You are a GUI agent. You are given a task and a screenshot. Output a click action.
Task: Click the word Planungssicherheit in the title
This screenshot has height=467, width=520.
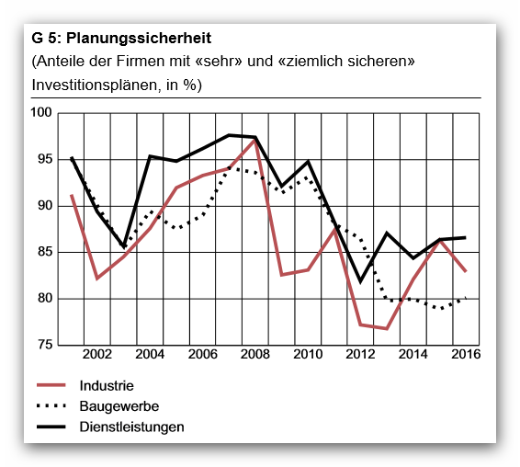(139, 39)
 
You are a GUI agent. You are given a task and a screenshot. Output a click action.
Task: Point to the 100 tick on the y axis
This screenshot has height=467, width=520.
(41, 112)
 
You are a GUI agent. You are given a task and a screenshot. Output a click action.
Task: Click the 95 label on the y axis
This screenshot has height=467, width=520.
(45, 159)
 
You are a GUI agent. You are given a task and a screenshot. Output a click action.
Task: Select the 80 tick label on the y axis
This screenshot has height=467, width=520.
(45, 298)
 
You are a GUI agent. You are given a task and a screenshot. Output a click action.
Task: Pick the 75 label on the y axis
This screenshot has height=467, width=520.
(45, 345)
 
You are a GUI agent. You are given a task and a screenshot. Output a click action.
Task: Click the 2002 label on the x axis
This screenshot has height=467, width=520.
(96, 354)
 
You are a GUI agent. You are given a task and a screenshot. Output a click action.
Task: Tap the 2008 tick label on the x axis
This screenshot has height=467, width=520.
(255, 354)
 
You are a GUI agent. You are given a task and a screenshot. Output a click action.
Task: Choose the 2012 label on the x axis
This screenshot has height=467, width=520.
(360, 354)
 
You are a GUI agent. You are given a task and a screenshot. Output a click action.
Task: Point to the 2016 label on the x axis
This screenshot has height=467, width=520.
(466, 354)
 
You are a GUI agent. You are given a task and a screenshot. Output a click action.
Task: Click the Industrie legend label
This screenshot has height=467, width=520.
(107, 386)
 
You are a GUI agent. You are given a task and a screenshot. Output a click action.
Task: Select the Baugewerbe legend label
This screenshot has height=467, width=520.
(119, 406)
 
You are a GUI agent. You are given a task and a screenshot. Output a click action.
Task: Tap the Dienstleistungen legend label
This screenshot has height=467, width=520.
(131, 427)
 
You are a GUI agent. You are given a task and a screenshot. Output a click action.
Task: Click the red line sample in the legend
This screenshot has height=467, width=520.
(51, 385)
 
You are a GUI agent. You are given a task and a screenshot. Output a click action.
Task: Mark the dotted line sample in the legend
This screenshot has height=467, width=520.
(51, 405)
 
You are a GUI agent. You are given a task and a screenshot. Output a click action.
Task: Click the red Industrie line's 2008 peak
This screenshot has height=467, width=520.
(254, 141)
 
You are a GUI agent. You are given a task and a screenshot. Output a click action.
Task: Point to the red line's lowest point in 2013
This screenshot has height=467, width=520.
(387, 328)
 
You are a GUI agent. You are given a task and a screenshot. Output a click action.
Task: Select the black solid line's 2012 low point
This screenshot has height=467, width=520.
(360, 281)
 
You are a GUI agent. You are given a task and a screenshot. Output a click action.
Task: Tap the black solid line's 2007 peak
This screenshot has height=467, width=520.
(229, 135)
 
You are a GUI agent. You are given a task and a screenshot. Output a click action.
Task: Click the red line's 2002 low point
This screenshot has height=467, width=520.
(97, 279)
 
